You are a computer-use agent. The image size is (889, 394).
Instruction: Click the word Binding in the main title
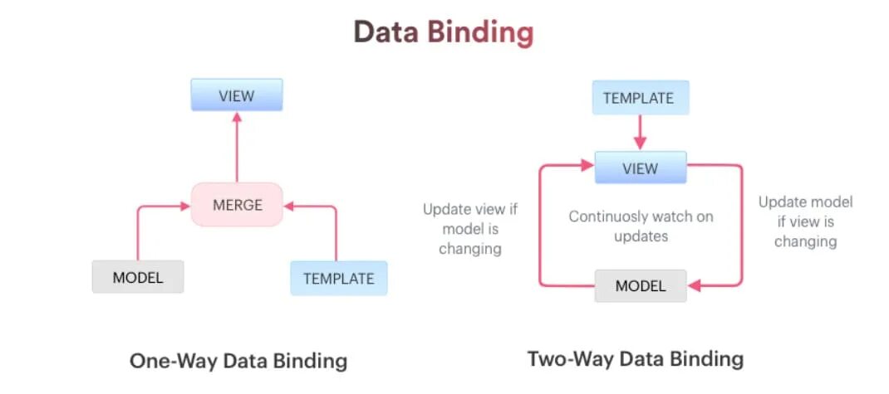click(480, 32)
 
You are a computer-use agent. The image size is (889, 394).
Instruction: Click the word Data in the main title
click(386, 32)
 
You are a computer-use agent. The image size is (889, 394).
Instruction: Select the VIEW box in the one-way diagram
click(237, 95)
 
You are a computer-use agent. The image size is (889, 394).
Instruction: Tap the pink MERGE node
click(237, 205)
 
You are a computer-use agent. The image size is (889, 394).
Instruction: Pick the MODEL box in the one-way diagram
click(138, 277)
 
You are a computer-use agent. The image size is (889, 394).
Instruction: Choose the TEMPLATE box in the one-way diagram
click(338, 279)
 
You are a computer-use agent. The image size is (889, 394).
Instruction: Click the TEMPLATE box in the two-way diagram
click(638, 98)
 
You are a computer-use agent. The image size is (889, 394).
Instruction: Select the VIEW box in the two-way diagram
click(640, 168)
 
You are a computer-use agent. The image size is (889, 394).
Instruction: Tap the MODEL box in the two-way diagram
click(640, 286)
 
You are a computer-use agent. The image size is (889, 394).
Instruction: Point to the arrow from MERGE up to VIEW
click(237, 149)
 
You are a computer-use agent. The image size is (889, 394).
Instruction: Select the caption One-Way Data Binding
click(238, 362)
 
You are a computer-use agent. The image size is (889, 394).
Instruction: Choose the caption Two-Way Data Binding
click(635, 359)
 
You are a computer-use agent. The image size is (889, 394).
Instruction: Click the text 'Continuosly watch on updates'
click(640, 226)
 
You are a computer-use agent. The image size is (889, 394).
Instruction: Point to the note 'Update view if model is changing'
click(470, 228)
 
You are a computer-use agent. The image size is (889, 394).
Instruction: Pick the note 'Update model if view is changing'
click(805, 221)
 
